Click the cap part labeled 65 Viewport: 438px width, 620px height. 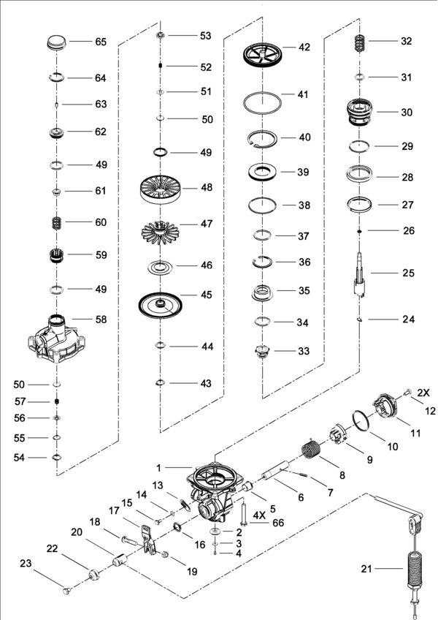click(57, 41)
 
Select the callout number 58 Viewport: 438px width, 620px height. click(100, 320)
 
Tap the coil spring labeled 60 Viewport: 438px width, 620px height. click(56, 222)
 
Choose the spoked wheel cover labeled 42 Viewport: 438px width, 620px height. click(262, 55)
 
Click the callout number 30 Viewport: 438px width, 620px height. click(407, 113)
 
